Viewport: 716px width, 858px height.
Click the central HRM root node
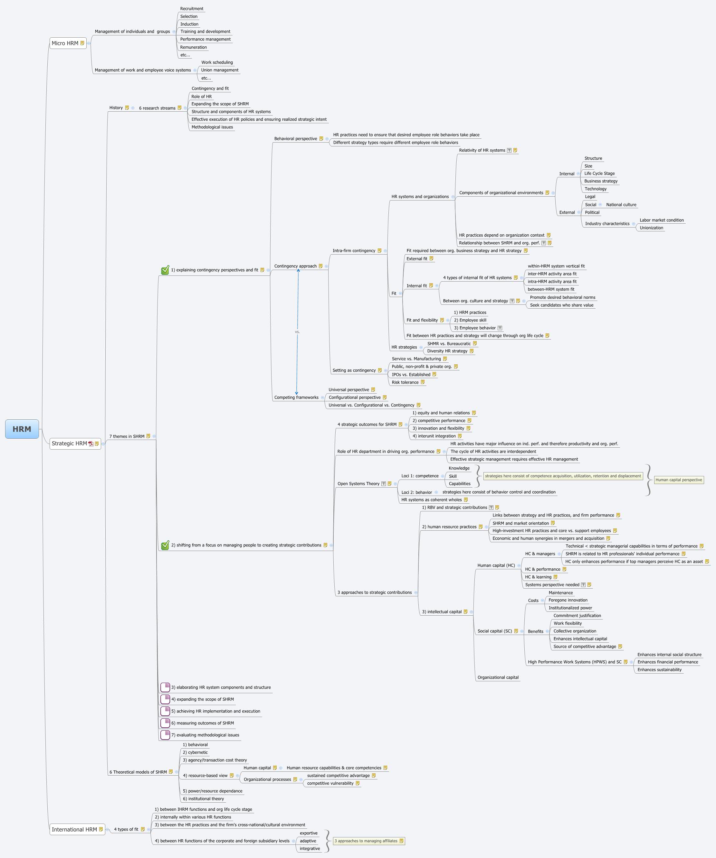pyautogui.click(x=22, y=429)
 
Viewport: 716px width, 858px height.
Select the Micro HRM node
pyautogui.click(x=65, y=43)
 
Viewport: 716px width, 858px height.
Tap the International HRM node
pyautogui.click(x=74, y=829)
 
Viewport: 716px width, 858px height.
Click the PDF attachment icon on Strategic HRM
pyautogui.click(x=91, y=444)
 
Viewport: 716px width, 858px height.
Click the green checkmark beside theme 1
pyautogui.click(x=165, y=270)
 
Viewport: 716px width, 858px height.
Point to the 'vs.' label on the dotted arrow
pyautogui.click(x=297, y=332)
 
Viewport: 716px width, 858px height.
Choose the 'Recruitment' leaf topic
pyautogui.click(x=191, y=9)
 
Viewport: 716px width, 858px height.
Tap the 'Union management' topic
pyautogui.click(x=220, y=70)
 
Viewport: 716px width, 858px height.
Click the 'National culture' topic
pyautogui.click(x=621, y=205)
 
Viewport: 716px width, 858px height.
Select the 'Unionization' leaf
pyautogui.click(x=651, y=228)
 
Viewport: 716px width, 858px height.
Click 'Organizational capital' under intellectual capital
pyautogui.click(x=498, y=677)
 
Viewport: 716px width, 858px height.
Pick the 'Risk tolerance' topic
pyautogui.click(x=405, y=382)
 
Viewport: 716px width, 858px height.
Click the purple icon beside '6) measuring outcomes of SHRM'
pyautogui.click(x=165, y=723)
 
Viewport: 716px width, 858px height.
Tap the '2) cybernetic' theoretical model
pyautogui.click(x=195, y=752)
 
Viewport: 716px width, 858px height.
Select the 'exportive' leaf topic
pyautogui.click(x=308, y=833)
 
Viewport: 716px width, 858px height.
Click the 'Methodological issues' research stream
pyautogui.click(x=212, y=127)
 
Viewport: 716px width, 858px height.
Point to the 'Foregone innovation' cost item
pyautogui.click(x=568, y=600)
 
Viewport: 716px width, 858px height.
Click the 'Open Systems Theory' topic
pyautogui.click(x=358, y=484)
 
